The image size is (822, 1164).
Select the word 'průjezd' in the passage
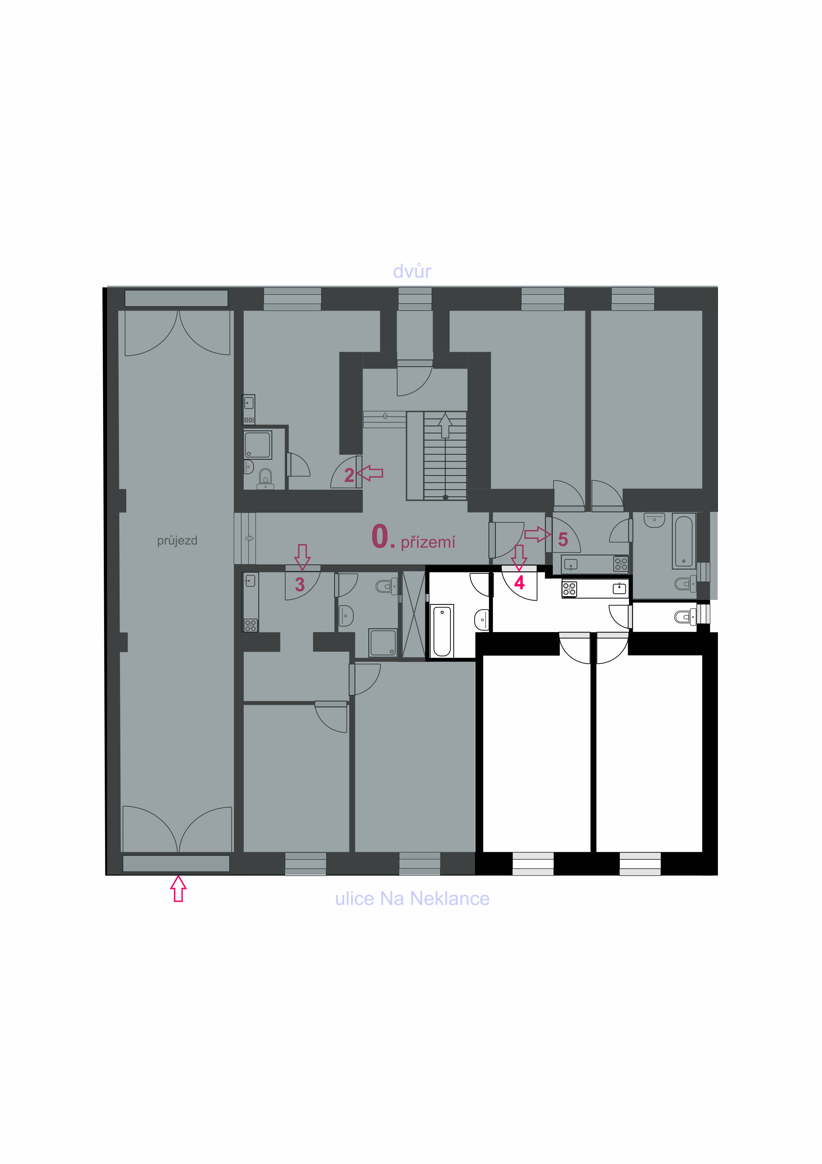point(177,541)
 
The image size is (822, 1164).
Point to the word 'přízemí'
point(428,542)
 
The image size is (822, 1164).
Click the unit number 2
point(349,475)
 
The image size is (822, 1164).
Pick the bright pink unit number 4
point(519,583)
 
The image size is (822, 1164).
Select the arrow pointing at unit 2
point(370,473)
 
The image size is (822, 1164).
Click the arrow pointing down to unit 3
point(302,557)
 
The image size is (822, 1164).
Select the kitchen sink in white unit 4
point(619,588)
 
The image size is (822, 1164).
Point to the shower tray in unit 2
point(258,445)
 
